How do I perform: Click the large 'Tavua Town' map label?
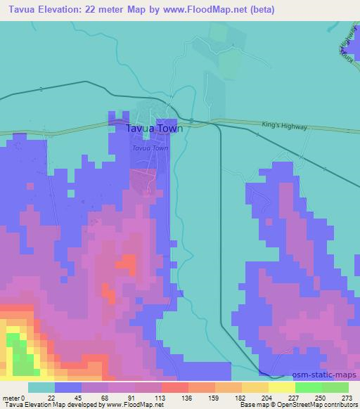154,129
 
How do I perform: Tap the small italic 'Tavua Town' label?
150,148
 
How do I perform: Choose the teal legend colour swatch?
41,387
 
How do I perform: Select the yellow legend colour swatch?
281,387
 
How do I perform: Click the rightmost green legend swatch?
335,387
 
